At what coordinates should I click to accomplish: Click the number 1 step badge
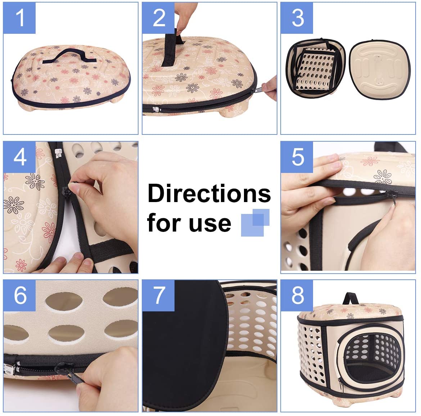(19, 18)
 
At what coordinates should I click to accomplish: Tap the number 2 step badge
(158, 18)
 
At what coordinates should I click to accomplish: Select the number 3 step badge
(297, 18)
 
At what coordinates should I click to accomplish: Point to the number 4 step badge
(19, 157)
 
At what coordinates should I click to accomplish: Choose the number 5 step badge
(297, 157)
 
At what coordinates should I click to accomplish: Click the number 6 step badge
(19, 295)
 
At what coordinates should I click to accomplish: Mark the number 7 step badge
(158, 295)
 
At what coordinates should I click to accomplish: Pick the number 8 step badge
(297, 295)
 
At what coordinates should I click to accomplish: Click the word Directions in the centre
(209, 193)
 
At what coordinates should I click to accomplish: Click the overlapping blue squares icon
(255, 223)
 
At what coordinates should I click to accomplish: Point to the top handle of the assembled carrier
(351, 298)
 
